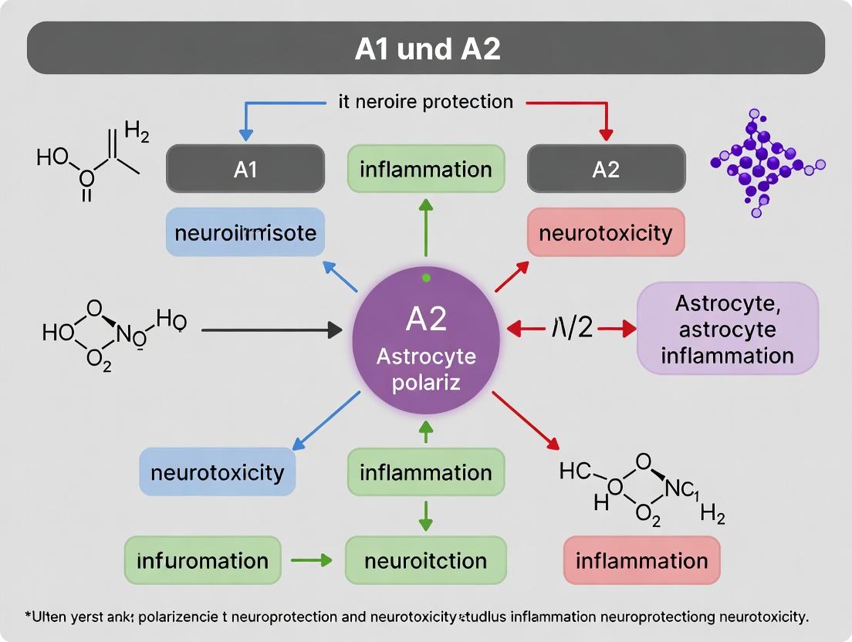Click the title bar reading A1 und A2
tap(426, 48)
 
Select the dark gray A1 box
tap(245, 169)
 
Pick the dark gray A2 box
tap(606, 169)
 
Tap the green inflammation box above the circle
tap(425, 169)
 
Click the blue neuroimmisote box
tap(245, 232)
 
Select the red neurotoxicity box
tap(606, 232)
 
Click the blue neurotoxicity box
tap(217, 471)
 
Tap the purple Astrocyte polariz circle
tap(426, 340)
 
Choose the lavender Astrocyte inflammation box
tap(727, 329)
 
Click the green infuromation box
tap(202, 560)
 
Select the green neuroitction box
tap(425, 560)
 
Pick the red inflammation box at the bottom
tap(641, 560)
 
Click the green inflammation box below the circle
tap(425, 471)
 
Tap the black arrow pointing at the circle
tap(270, 330)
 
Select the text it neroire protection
tap(425, 101)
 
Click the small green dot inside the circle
tap(425, 276)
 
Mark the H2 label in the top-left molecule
tap(136, 133)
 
